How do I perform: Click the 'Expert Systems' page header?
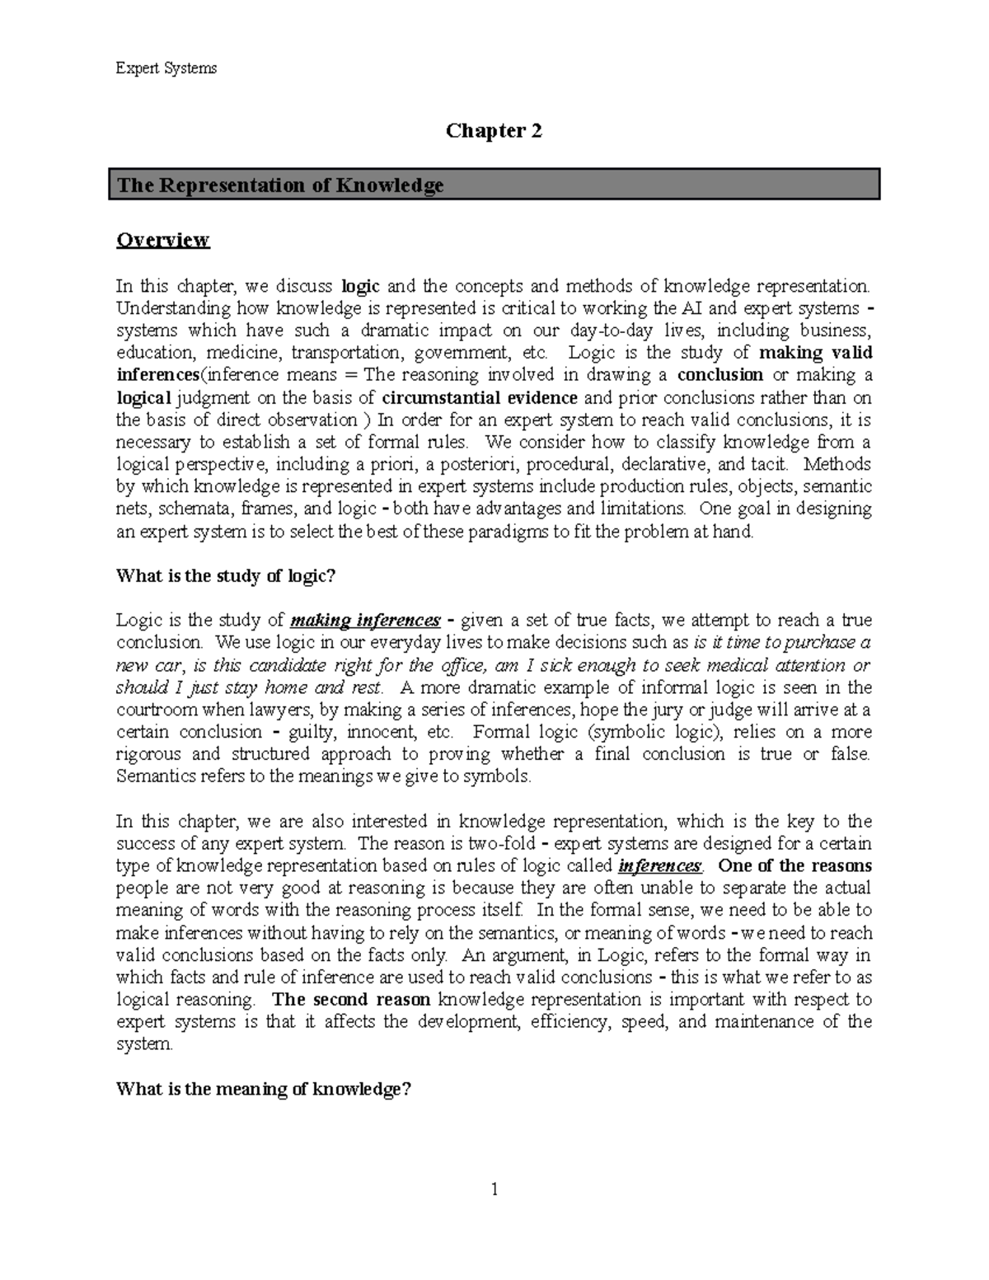(166, 68)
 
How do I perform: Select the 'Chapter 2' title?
(494, 131)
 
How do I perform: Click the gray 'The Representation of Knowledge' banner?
(494, 185)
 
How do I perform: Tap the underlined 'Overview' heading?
(163, 240)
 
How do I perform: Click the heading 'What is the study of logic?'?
(226, 576)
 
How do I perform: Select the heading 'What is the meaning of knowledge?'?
(263, 1090)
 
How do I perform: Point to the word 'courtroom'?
(157, 710)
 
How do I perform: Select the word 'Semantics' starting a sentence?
(155, 776)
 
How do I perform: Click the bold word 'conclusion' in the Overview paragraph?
(719, 375)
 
